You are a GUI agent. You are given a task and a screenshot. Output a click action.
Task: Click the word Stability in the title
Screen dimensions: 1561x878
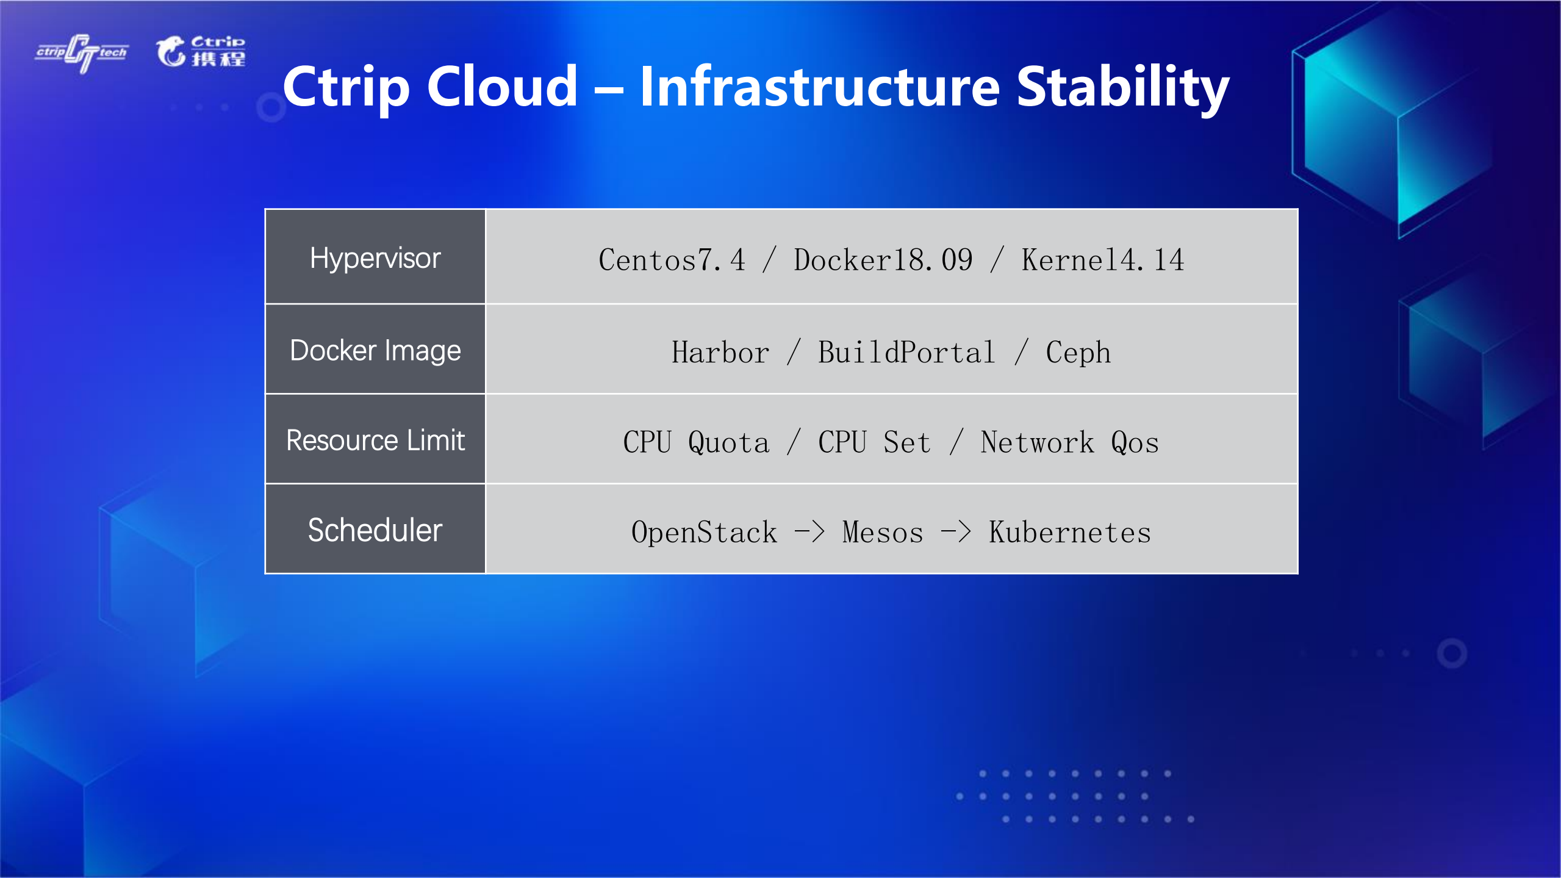tap(1122, 87)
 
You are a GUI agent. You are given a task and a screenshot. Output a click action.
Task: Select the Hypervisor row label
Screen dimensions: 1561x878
tap(375, 259)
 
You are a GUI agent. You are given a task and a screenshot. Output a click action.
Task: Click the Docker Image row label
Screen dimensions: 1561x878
tap(375, 351)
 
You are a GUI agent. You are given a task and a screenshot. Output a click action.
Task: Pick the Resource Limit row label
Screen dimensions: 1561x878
tap(375, 441)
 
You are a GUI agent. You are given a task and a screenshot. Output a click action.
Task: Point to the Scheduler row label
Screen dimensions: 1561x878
tap(375, 530)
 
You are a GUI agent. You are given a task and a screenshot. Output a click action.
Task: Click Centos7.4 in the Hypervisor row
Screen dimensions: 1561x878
tap(672, 260)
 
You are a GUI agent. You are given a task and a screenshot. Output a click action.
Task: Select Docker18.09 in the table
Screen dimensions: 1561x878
tap(883, 260)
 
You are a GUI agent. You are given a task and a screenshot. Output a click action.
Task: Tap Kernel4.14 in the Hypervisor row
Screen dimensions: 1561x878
tap(1103, 260)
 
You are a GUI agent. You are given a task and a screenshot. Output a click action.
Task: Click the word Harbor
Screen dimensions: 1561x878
tap(720, 353)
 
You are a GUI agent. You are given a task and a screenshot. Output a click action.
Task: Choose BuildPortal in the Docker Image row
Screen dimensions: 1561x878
tap(906, 353)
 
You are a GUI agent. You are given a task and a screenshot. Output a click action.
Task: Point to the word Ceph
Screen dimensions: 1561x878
tap(1078, 353)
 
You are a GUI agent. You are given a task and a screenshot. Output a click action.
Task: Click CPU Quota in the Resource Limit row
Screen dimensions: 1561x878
tap(696, 442)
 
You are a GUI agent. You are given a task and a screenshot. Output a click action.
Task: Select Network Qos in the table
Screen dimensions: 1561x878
tap(1070, 442)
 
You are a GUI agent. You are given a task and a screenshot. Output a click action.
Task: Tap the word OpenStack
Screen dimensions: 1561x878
tap(705, 532)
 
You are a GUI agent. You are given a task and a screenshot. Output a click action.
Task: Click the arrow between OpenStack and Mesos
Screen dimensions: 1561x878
tap(809, 532)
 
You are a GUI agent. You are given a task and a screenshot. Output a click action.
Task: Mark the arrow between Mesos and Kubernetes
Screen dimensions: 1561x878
tap(956, 532)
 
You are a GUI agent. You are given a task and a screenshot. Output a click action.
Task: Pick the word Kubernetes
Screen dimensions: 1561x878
tap(1070, 532)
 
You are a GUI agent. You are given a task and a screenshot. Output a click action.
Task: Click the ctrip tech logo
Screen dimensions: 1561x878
tap(82, 53)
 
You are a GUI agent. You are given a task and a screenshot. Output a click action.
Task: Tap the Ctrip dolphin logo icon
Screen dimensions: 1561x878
tap(170, 51)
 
